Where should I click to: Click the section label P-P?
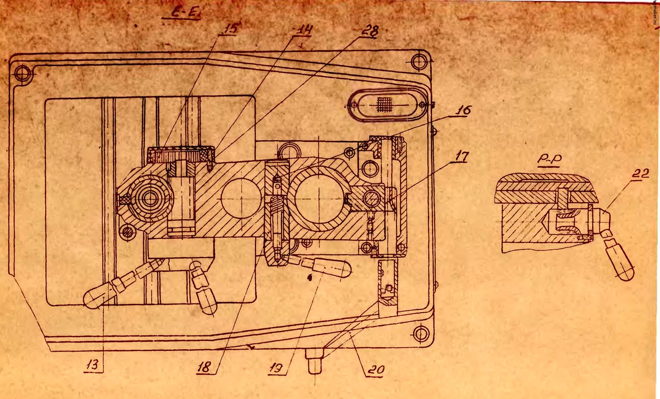click(549, 162)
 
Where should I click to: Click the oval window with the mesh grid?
click(387, 105)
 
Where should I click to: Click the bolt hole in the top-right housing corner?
click(420, 61)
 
